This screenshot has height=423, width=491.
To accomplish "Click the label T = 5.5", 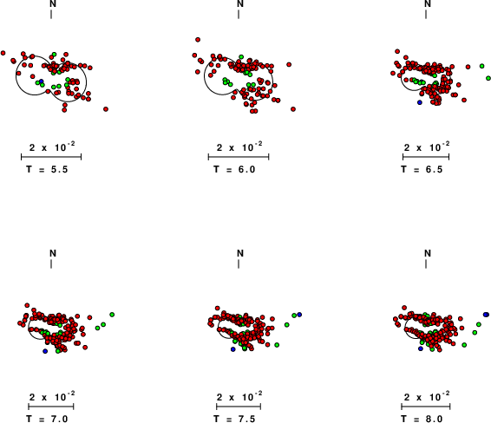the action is coord(47,169).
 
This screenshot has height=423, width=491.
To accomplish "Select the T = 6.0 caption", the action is coord(234,169).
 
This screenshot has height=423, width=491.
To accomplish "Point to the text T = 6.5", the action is coord(422,169).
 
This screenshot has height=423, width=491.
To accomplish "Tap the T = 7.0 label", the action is coord(47,419).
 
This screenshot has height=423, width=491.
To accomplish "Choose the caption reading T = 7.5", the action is coord(234,419).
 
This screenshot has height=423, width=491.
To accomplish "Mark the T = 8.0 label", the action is coord(422,419).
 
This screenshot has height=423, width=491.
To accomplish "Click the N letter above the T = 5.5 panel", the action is coord(53,3).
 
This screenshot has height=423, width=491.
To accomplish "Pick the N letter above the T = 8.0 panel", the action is coord(428,253).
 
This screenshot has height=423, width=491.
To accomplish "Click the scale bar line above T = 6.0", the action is coord(239,157).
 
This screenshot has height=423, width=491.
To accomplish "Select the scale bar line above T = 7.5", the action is coord(239,407).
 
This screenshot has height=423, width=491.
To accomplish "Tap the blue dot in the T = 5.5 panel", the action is coord(41,81).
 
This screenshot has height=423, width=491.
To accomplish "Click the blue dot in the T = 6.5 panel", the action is coord(420,102).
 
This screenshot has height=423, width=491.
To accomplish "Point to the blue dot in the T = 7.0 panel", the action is coord(45,351).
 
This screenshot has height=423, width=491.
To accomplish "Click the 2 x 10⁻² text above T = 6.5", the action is coord(427,146).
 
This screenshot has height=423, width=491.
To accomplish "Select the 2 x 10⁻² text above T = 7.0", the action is coord(52,396).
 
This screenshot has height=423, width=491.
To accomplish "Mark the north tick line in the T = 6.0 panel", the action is coord(239,15).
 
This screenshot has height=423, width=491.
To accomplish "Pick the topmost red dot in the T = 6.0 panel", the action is coord(198,40).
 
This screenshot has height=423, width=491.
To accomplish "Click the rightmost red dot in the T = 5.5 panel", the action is coord(106,109).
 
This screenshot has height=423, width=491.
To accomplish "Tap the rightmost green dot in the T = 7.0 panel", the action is coord(112,315).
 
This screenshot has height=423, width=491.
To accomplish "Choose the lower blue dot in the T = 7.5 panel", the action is coord(232,349).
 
